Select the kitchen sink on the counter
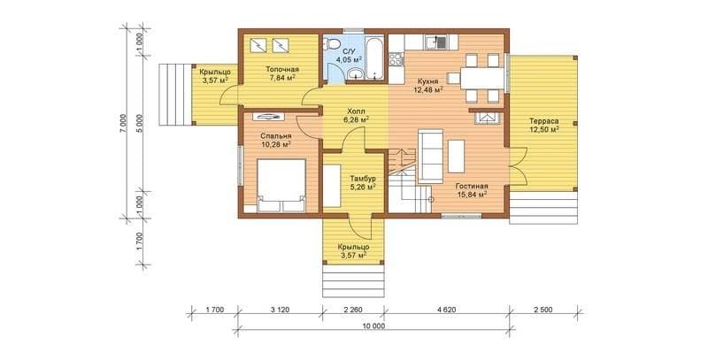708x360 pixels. pyautogui.click(x=435, y=42)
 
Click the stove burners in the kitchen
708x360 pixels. pyautogui.click(x=396, y=59)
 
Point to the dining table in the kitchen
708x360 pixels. pyautogui.click(x=481, y=79)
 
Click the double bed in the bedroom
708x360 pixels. pyautogui.click(x=281, y=185)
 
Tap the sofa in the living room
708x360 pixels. pyautogui.click(x=430, y=157)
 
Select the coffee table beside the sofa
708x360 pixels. pyautogui.click(x=456, y=156)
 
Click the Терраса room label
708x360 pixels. pyautogui.click(x=544, y=121)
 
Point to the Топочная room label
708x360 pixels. pyautogui.click(x=282, y=70)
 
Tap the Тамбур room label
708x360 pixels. pyautogui.click(x=364, y=179)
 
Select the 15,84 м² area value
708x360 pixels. pyautogui.click(x=472, y=195)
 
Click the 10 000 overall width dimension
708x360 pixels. pyautogui.click(x=373, y=326)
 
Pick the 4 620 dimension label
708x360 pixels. pyautogui.click(x=447, y=310)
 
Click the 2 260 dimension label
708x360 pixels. pyautogui.click(x=353, y=310)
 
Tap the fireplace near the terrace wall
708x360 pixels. pyautogui.click(x=488, y=118)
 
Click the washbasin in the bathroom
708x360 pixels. pyautogui.click(x=358, y=75)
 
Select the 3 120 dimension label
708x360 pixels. pyautogui.click(x=280, y=310)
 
